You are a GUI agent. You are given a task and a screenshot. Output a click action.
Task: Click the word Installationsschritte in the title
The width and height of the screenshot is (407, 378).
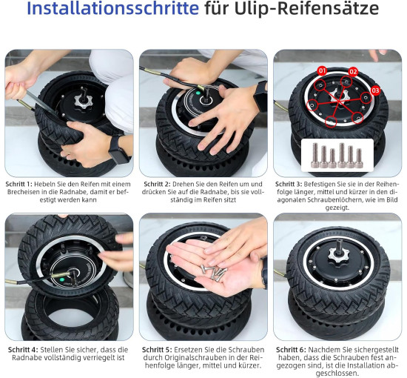[x=112, y=8]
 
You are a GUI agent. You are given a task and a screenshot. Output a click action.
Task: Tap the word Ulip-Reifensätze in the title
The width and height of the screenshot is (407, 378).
[x=306, y=8]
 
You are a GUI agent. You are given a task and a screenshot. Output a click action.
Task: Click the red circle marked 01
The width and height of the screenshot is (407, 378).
[x=322, y=70]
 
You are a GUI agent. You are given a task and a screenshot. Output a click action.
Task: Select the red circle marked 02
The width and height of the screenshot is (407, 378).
[x=353, y=72]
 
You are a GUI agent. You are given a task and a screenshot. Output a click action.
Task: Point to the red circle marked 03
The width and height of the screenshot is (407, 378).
[x=375, y=90]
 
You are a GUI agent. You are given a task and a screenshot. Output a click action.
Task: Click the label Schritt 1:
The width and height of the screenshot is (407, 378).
[x=19, y=185]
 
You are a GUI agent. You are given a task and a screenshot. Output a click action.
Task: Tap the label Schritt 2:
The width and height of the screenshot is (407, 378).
[x=158, y=185]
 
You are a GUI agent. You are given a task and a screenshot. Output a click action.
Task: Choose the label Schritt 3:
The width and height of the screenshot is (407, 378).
[x=289, y=185]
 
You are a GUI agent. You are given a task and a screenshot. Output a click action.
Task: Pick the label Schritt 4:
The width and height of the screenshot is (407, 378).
[x=23, y=350]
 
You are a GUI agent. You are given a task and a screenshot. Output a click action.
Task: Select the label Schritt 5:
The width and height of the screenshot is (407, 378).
[x=157, y=350]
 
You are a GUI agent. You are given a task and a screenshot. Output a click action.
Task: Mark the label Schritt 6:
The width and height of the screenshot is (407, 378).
[x=291, y=350]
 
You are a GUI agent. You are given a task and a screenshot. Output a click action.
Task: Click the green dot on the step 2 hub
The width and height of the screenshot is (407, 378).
[x=198, y=93]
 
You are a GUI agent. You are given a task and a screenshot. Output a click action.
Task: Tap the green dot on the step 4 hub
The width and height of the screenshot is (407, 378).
[x=61, y=280]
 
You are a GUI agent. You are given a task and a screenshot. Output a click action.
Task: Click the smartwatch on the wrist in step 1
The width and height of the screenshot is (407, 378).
[x=119, y=150]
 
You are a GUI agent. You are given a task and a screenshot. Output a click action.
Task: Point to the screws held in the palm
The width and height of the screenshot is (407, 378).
[x=214, y=273]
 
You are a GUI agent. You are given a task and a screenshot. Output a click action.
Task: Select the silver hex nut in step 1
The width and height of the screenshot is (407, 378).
[x=84, y=102]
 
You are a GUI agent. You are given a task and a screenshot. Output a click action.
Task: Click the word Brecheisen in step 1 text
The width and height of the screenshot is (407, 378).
[x=22, y=193]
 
